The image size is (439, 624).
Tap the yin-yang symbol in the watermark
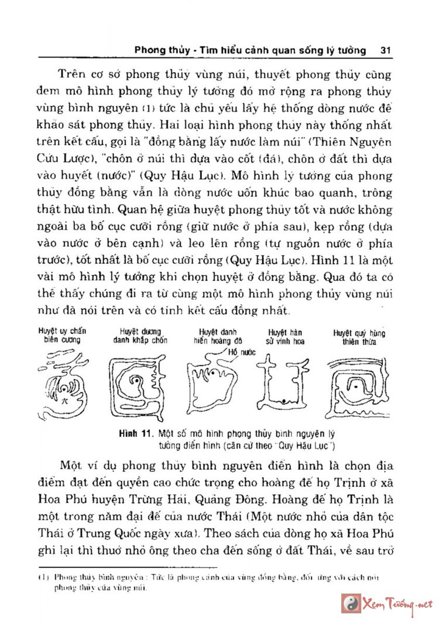(x=351, y=603)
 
